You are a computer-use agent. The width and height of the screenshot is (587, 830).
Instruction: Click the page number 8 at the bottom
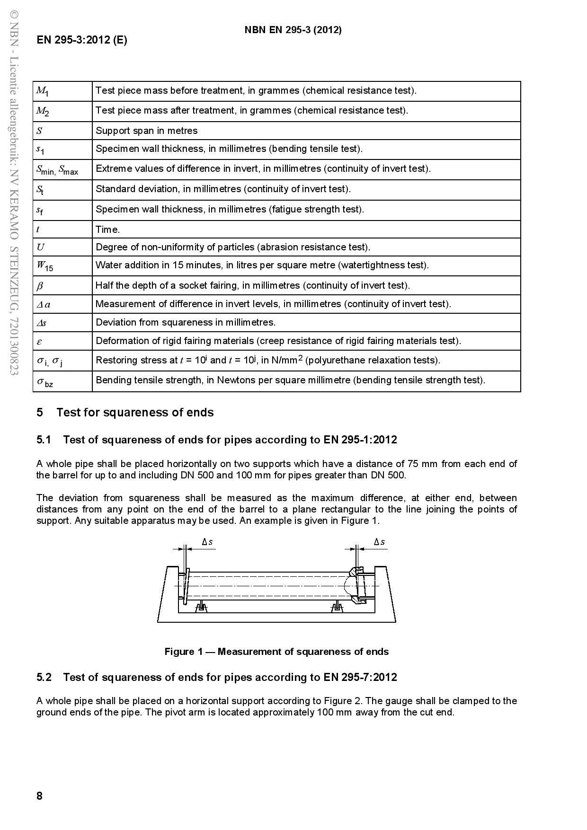coord(40,795)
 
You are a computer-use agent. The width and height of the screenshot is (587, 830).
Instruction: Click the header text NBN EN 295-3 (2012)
coord(293,30)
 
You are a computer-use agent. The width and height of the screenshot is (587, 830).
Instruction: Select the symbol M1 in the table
coord(43,91)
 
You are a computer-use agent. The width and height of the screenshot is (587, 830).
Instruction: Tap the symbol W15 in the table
coord(45,266)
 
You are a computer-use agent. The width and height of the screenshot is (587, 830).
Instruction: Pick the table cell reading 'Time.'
coord(108,230)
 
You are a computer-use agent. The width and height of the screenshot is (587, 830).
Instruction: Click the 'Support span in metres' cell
coord(147,131)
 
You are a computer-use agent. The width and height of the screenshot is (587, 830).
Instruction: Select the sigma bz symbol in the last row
coord(45,381)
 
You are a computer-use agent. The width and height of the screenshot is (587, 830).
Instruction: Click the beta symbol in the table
coord(40,286)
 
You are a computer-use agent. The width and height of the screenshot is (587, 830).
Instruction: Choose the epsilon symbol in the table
coord(40,341)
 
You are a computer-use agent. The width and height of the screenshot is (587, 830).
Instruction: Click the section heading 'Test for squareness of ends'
coord(135,412)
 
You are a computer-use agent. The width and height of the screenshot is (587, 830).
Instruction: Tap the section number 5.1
coord(44,440)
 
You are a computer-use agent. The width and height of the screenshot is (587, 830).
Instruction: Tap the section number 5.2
coord(44,677)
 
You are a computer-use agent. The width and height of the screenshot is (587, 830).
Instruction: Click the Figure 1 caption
coord(276,652)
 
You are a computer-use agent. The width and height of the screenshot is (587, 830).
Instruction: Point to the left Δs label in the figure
coord(207,542)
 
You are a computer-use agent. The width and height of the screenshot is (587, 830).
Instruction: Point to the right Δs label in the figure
coord(379,542)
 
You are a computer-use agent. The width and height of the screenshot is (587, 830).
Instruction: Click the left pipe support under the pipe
coord(201,607)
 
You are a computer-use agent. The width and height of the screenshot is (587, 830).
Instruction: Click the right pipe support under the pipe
coord(337,607)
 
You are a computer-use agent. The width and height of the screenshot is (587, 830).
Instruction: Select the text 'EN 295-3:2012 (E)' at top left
coord(82,40)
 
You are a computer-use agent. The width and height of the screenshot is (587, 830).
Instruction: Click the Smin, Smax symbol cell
coord(57,170)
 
